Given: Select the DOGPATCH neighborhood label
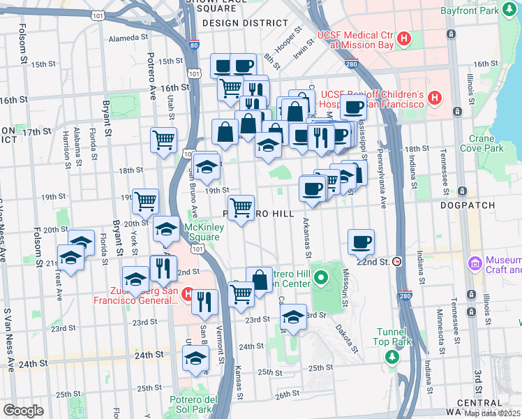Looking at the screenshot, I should [x=468, y=206].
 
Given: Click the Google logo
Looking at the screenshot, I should [x=23, y=411].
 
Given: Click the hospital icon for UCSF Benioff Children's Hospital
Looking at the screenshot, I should [x=435, y=98].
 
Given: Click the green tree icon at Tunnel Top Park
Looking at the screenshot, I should [x=392, y=357].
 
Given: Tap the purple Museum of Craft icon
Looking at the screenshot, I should [x=476, y=263].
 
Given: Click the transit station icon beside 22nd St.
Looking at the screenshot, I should [x=397, y=262].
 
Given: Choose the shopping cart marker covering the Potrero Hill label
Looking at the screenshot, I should [x=241, y=207].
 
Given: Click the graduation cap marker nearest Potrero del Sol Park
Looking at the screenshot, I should [x=195, y=359].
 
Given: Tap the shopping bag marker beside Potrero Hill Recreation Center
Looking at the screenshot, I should [x=259, y=280].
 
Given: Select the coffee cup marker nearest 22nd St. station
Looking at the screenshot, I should [x=361, y=242].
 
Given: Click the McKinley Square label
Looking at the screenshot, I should [x=202, y=232].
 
